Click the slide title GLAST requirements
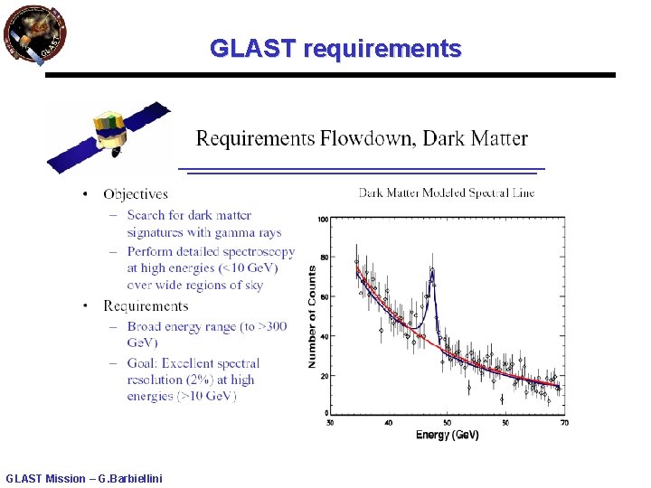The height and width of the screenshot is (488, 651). click(335, 49)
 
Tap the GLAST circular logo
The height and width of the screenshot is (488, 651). click(34, 35)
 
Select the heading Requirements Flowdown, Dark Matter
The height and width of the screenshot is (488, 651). click(362, 138)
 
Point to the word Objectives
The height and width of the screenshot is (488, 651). click(136, 193)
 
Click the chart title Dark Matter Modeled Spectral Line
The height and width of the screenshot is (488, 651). click(447, 192)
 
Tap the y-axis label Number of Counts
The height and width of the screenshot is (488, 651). click(312, 315)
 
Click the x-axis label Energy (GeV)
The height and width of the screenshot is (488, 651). click(447, 435)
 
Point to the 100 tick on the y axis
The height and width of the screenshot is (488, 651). click(323, 219)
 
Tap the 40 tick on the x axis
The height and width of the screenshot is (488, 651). click(388, 422)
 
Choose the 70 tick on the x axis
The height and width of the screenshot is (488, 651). click(564, 422)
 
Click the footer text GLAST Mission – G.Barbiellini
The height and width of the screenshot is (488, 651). click(84, 478)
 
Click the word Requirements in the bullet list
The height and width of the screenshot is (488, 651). click(146, 306)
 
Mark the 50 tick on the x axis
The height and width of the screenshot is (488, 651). click(505, 422)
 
